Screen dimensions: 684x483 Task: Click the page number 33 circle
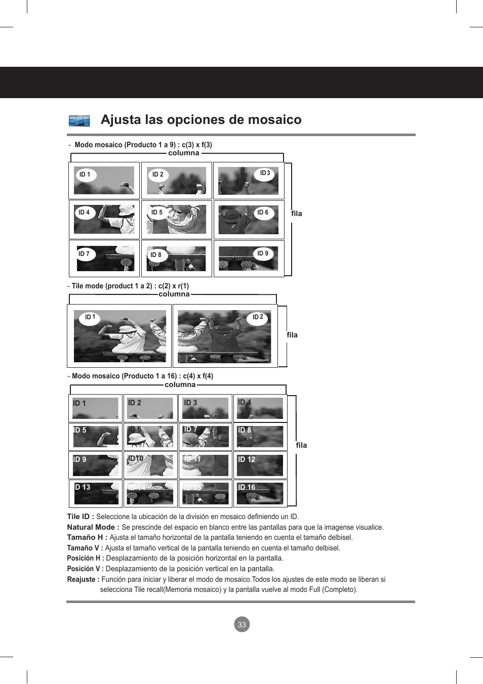(x=241, y=624)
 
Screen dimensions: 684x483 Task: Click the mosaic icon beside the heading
(x=79, y=121)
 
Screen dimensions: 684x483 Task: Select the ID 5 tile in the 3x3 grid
(x=176, y=220)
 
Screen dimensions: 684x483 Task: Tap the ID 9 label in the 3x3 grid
(x=263, y=253)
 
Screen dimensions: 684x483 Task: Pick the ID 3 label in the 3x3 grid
(x=265, y=174)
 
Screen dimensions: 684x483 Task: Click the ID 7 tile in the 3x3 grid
(x=104, y=259)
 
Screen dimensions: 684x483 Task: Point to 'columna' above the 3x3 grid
(x=183, y=153)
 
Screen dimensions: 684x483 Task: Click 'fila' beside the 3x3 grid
(x=296, y=213)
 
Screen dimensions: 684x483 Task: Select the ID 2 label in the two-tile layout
(x=258, y=317)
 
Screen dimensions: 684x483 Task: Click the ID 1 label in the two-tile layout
(x=90, y=317)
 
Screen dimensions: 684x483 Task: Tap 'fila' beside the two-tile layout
(x=292, y=335)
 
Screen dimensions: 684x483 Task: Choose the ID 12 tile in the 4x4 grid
(x=260, y=465)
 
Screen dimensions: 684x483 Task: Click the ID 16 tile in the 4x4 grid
(x=260, y=493)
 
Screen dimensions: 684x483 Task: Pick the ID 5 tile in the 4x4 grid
(x=96, y=437)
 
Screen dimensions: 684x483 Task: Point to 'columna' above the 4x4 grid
(x=180, y=384)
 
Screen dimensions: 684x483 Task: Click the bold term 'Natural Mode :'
(x=93, y=527)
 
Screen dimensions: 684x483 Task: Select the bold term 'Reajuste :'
(x=83, y=579)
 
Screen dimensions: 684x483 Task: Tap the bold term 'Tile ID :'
(x=80, y=517)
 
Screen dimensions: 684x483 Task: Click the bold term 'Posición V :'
(x=85, y=569)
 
